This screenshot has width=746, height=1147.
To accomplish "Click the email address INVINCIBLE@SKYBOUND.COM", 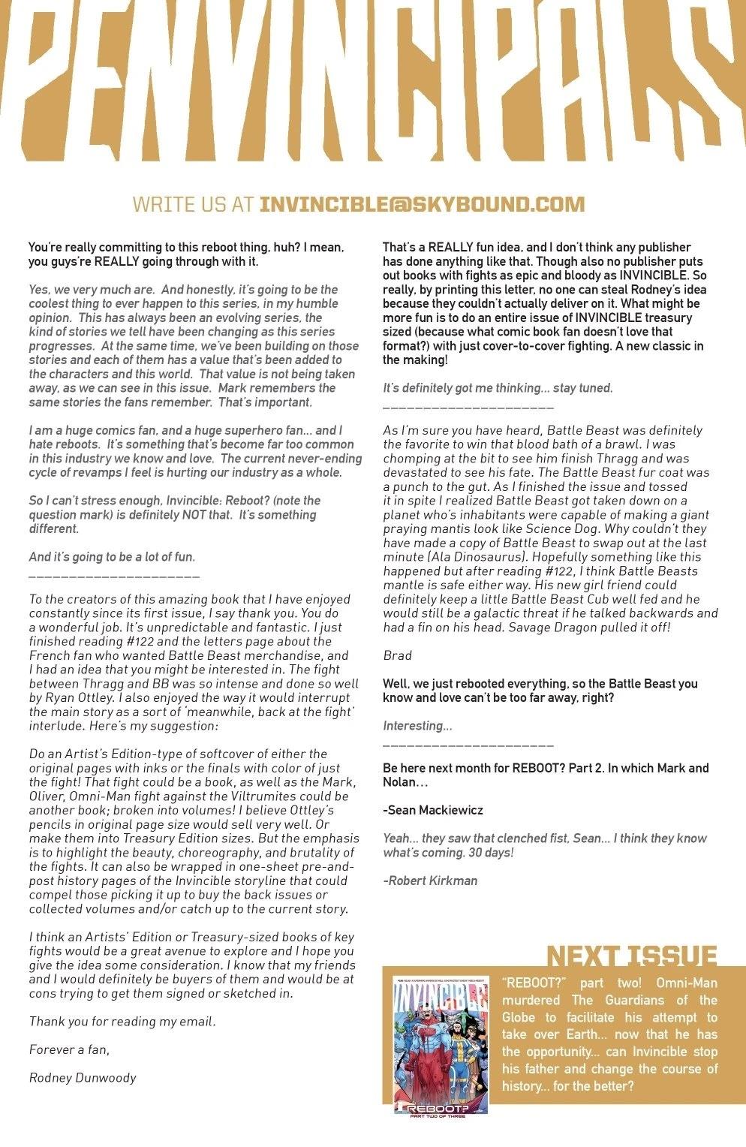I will tap(422, 204).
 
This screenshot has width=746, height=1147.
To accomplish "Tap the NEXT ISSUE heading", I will tap(631, 956).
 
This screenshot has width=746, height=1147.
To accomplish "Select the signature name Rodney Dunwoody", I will tap(83, 1077).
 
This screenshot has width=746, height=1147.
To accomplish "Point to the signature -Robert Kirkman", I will tap(430, 881).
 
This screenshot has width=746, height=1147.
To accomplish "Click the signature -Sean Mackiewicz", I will tap(433, 810).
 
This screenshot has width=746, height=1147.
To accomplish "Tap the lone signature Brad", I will tap(397, 655).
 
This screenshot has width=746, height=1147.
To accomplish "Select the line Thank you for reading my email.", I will tap(122, 1021).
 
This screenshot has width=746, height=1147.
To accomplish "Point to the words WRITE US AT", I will tap(193, 204).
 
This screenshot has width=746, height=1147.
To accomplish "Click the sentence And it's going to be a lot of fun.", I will tap(112, 557).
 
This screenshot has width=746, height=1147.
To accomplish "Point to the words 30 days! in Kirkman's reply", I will tap(485, 853).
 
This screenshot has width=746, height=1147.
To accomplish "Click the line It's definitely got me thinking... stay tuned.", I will tap(498, 388).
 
